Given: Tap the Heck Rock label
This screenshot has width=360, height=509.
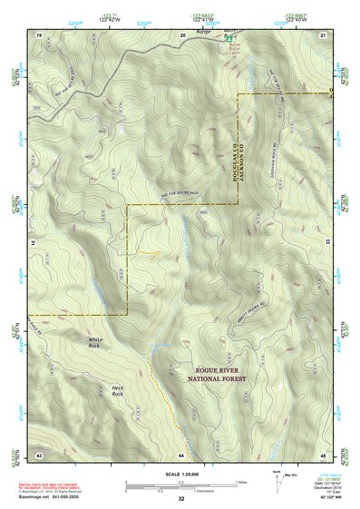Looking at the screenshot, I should [x=117, y=390].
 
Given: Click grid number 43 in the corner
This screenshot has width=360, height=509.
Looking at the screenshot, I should [x=39, y=454].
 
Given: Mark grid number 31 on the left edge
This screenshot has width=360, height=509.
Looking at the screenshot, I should [x=34, y=242].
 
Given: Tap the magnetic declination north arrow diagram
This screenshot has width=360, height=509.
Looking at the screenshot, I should [x=277, y=479].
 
